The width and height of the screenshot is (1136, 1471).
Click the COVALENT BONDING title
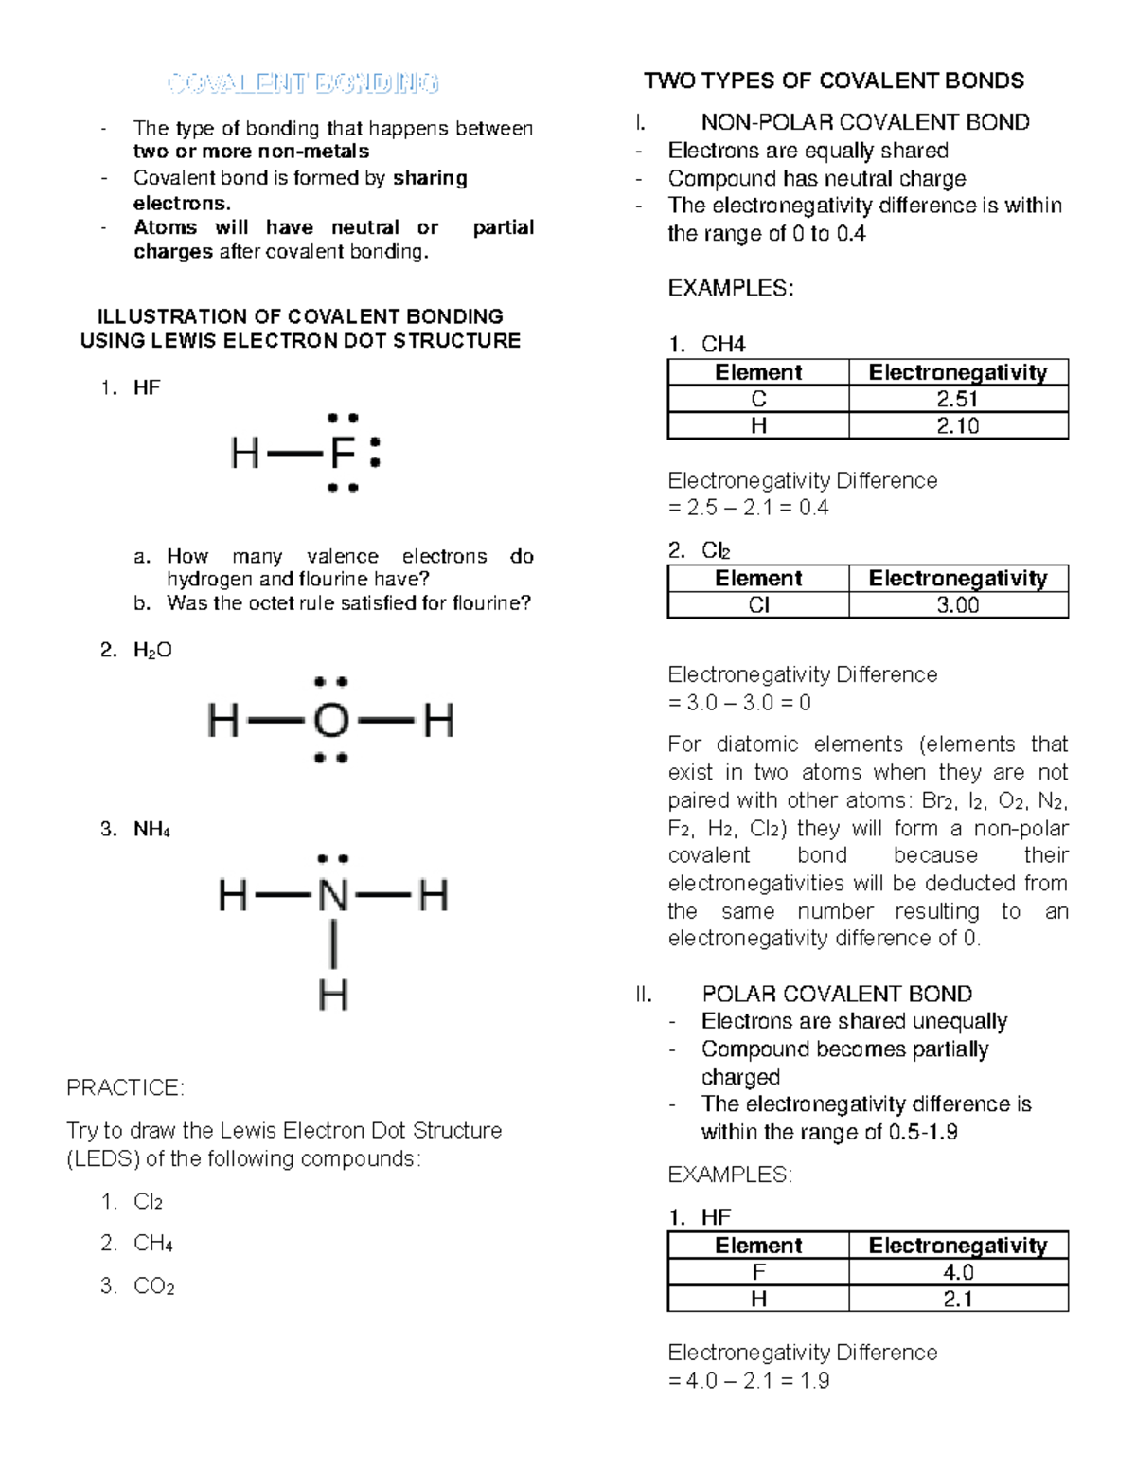tap(303, 83)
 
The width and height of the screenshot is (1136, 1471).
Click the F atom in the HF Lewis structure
tap(343, 454)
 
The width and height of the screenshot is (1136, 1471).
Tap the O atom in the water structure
tap(330, 721)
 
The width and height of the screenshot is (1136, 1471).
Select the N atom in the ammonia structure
tap(333, 895)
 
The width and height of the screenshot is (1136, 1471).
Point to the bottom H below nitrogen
tap(333, 995)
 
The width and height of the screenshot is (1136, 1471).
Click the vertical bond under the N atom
tap(333, 945)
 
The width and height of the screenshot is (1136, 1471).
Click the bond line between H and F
tap(294, 455)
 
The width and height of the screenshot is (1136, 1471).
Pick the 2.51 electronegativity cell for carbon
tap(957, 399)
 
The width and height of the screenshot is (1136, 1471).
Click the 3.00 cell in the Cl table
tap(957, 605)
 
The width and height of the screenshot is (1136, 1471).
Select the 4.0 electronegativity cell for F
tap(957, 1272)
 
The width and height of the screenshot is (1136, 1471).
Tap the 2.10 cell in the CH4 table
tap(957, 426)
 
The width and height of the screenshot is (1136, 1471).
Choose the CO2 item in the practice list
tap(153, 1285)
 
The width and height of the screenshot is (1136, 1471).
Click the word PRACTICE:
tap(125, 1087)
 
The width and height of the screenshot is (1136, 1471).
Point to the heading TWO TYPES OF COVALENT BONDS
tap(834, 81)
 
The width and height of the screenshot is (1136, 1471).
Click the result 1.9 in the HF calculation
tap(814, 1380)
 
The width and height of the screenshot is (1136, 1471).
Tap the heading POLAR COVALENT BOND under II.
tap(837, 994)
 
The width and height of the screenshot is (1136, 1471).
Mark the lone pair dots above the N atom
tap(333, 859)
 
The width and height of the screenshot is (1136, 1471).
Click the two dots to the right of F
tap(375, 452)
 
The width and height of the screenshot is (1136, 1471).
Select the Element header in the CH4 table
tap(758, 372)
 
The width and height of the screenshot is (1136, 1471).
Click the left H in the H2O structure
tap(222, 721)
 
